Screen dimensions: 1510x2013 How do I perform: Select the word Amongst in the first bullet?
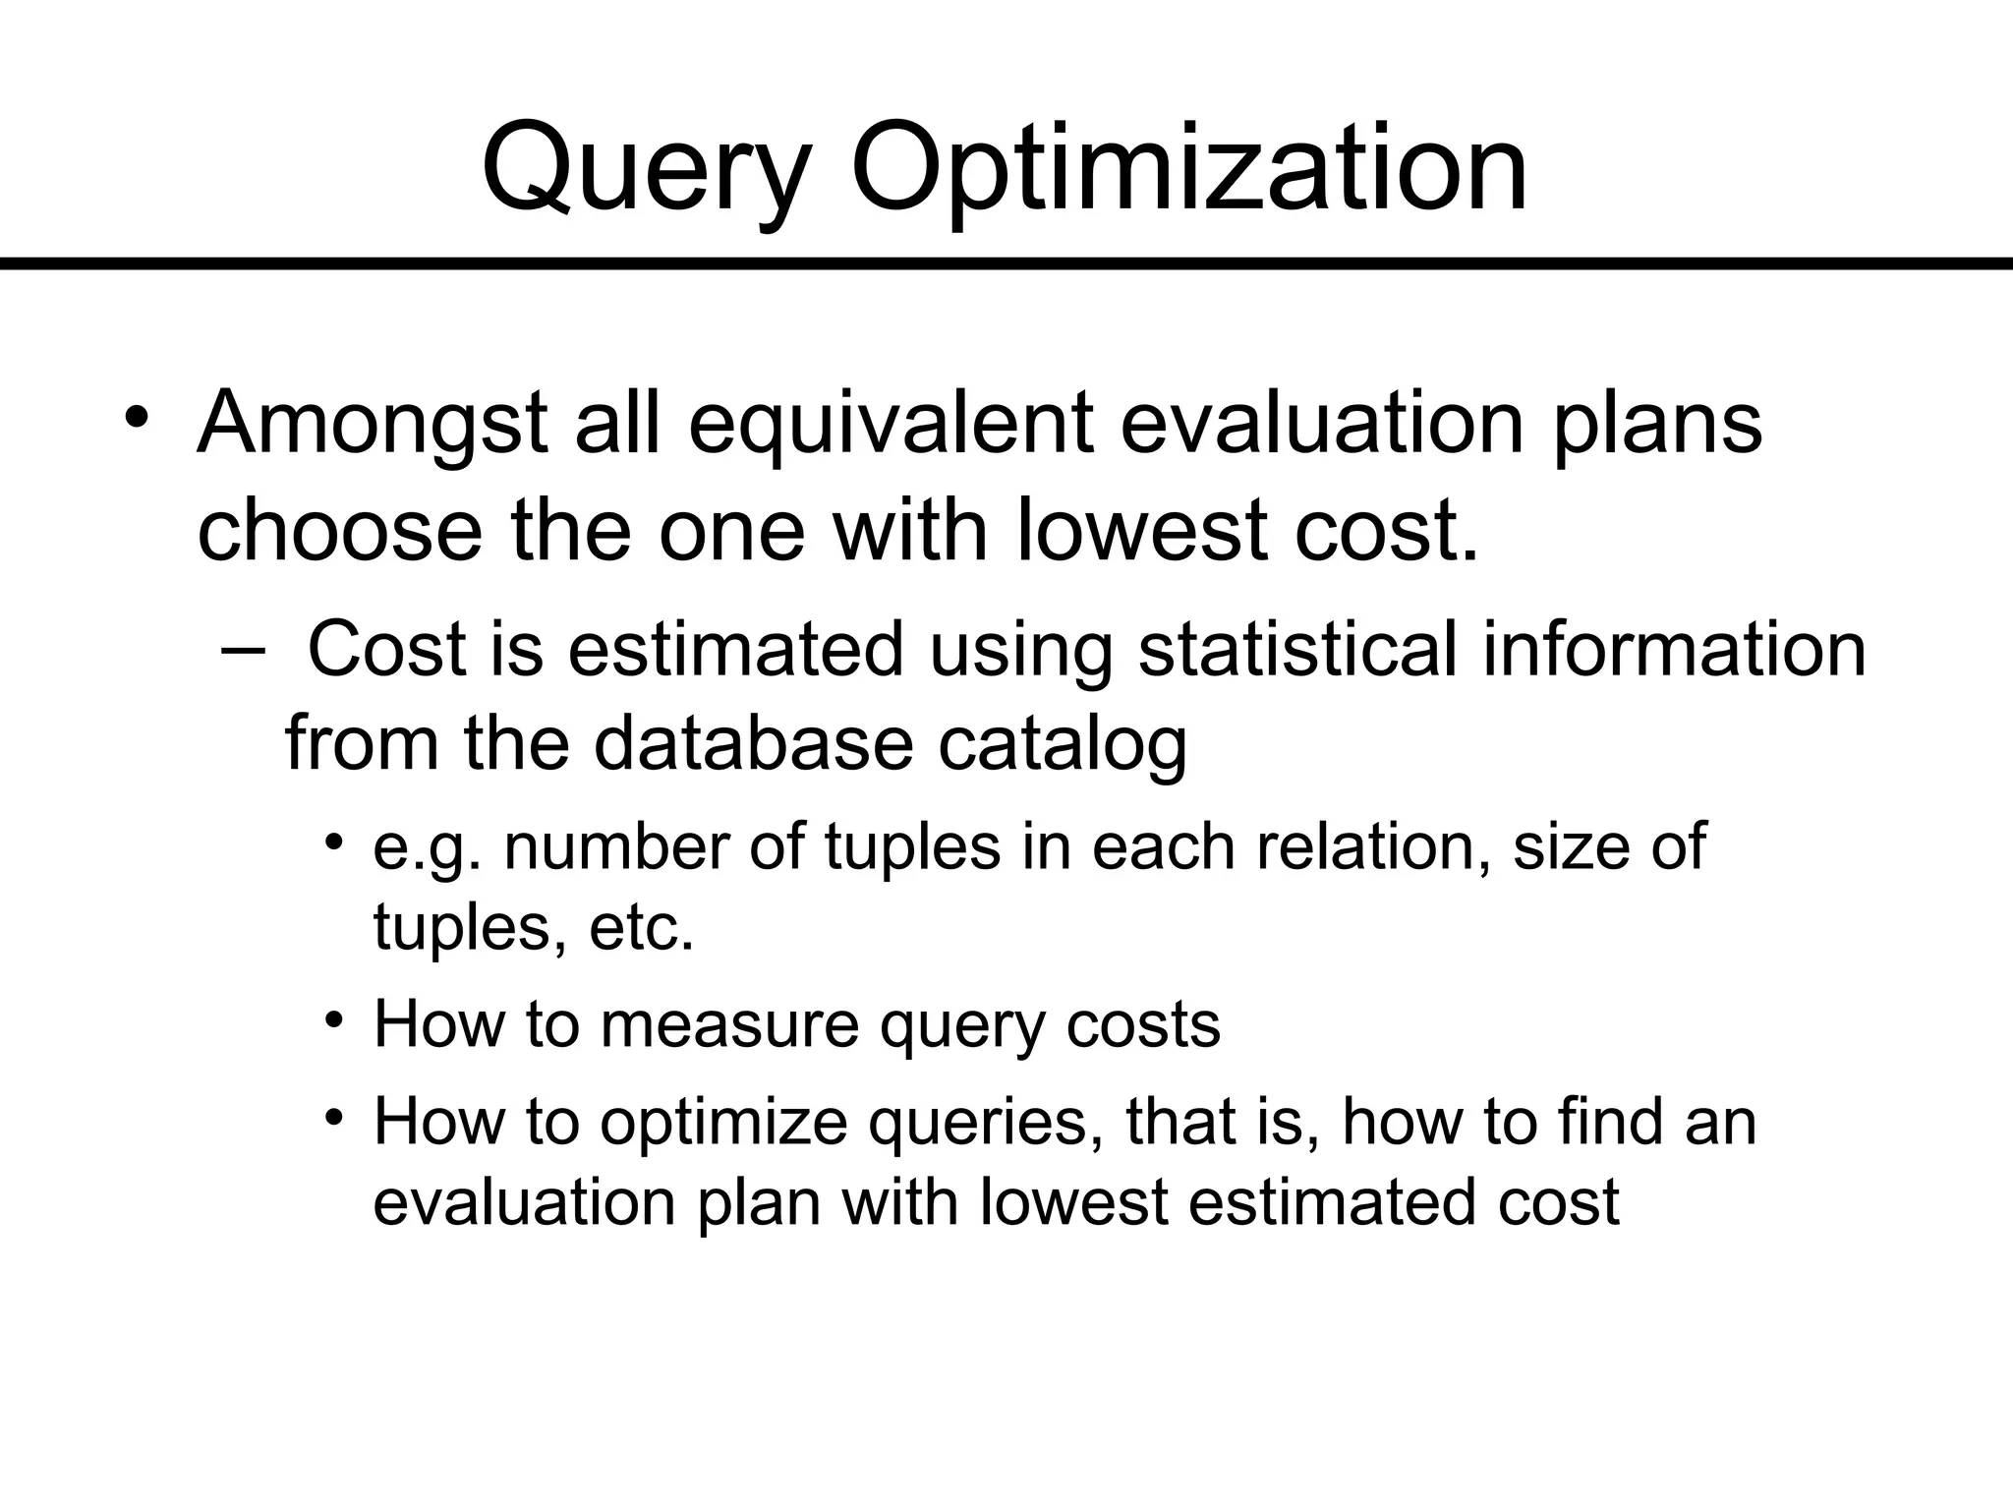[x=372, y=425]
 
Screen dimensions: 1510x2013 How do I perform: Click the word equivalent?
[x=891, y=425]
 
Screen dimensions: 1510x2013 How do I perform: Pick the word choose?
[x=340, y=532]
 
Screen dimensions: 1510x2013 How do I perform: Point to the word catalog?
[x=1063, y=742]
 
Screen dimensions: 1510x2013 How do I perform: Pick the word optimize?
[x=722, y=1123]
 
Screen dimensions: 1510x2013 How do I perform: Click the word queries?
[x=984, y=1123]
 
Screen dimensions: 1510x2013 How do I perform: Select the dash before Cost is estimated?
[x=244, y=650]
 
